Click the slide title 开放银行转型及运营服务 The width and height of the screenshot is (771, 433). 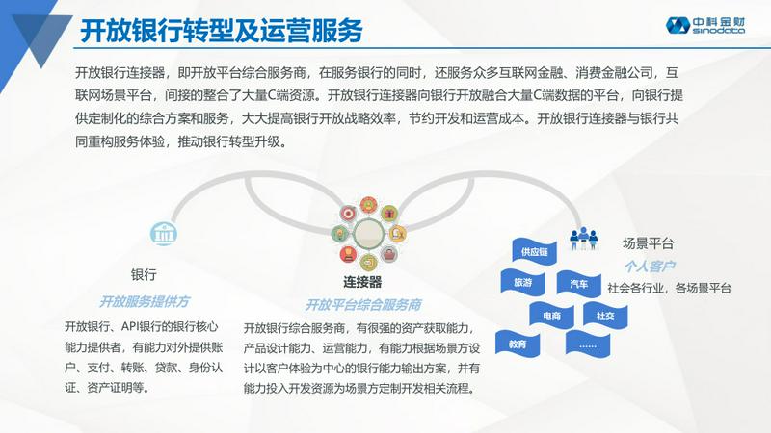[222, 30]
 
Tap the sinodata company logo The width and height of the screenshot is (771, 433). [705, 26]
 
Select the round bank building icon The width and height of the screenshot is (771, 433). [163, 233]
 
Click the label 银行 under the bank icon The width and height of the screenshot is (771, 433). [144, 274]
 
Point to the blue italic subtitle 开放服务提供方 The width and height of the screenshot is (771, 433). [144, 301]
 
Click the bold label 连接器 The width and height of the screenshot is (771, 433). [362, 282]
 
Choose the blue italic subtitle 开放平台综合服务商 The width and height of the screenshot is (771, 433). [363, 305]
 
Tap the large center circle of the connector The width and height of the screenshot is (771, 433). [369, 234]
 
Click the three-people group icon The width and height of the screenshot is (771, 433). [584, 238]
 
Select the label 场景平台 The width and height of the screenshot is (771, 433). [648, 243]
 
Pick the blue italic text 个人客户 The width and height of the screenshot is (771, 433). [649, 267]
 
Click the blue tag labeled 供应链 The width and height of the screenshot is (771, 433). [534, 251]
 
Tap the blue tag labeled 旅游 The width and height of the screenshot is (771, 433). [522, 282]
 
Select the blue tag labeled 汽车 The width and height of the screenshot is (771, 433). [579, 284]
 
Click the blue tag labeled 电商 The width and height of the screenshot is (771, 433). [551, 316]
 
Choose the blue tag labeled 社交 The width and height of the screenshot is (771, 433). [605, 316]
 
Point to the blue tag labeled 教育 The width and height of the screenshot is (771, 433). [518, 344]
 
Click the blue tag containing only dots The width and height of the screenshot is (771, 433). [588, 344]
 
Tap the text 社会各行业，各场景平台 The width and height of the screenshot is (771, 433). [669, 288]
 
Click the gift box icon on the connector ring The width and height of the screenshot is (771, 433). [389, 214]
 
